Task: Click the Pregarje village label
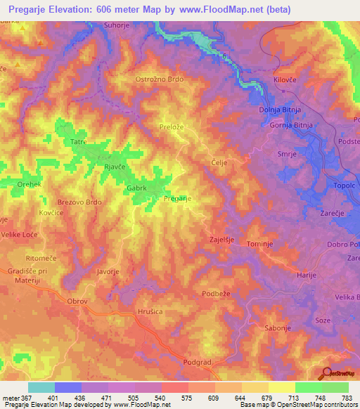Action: click(178, 199)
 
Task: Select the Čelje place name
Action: click(218, 162)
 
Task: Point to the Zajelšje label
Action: click(221, 240)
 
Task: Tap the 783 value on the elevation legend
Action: click(347, 398)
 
